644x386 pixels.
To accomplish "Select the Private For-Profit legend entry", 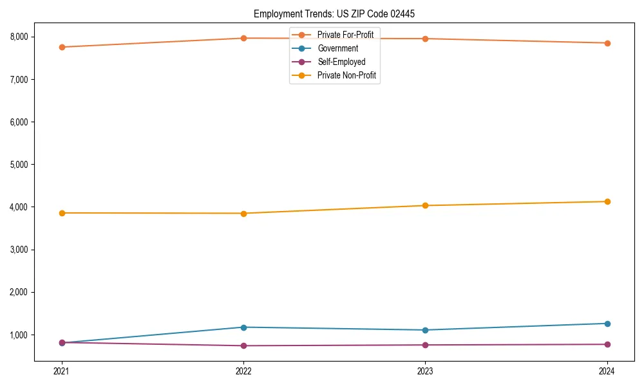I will (x=345, y=35).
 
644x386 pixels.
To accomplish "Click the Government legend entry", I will (x=337, y=48).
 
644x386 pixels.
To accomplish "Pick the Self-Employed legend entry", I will (x=341, y=62).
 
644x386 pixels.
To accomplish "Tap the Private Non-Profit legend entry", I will (x=346, y=76).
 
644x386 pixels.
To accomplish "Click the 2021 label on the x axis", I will (x=62, y=371).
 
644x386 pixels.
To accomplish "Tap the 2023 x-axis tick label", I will (x=425, y=371).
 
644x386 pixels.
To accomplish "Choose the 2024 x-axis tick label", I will (x=607, y=371).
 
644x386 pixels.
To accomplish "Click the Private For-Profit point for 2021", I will (x=62, y=47).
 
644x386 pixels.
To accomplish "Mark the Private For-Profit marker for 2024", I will (x=607, y=43).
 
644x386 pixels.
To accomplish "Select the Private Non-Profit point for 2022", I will (x=243, y=214).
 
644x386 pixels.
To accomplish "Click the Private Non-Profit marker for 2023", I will (x=425, y=206).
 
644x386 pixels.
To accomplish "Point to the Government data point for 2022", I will (x=243, y=327).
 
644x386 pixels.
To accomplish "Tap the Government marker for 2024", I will (x=607, y=324).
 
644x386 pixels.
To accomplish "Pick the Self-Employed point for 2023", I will (x=425, y=345).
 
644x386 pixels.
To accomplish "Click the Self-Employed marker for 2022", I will (x=243, y=345).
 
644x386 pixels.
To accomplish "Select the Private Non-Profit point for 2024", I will (x=607, y=202).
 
